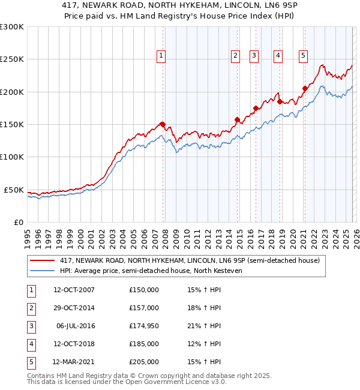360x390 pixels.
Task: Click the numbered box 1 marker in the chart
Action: [162, 56]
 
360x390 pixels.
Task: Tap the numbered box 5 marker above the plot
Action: [303, 56]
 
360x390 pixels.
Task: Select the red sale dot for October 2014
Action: [237, 119]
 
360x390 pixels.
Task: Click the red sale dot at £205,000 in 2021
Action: [304, 88]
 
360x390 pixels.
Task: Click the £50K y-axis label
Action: [14, 190]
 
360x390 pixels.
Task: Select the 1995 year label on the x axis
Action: [27, 238]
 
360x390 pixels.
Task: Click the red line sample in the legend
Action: [41, 260]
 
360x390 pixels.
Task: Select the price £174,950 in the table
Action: [144, 326]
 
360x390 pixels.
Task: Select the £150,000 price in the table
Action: [144, 290]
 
